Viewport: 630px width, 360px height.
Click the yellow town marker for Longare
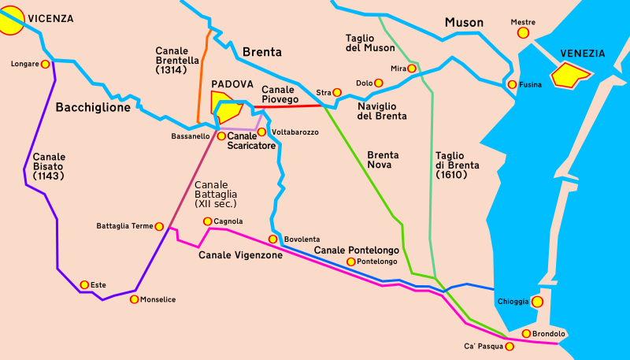pyautogui.click(x=45, y=64)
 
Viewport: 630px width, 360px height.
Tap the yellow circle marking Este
pyautogui.click(x=83, y=284)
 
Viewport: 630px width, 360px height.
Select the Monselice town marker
pyautogui.click(x=134, y=299)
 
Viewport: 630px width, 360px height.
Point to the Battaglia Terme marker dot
pyautogui.click(x=159, y=226)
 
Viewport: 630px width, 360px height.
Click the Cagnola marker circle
pyautogui.click(x=207, y=221)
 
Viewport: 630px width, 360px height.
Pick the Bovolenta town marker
pyautogui.click(x=273, y=239)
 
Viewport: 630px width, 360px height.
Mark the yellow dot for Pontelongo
pyautogui.click(x=351, y=262)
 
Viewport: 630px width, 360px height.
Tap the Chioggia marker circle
pyautogui.click(x=537, y=301)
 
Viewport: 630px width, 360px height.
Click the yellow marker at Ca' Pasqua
pyautogui.click(x=510, y=346)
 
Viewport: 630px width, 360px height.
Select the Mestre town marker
pyautogui.click(x=522, y=33)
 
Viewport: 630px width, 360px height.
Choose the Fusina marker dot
pyautogui.click(x=512, y=84)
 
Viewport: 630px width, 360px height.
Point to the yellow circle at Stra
pyautogui.click(x=337, y=92)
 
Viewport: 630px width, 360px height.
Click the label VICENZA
pyautogui.click(x=51, y=18)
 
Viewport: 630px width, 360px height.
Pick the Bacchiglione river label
pyautogui.click(x=93, y=108)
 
